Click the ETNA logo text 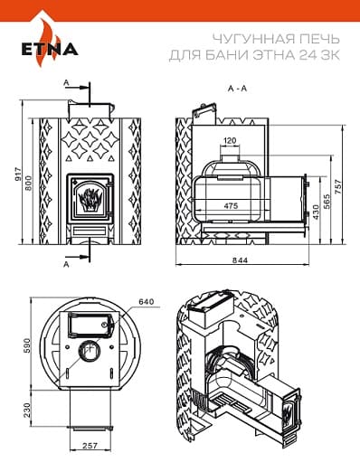50,49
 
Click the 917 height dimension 19,175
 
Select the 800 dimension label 28,183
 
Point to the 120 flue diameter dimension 231,140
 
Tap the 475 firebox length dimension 231,206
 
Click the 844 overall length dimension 240,260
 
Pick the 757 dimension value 338,186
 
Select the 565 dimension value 327,201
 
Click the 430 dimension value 316,212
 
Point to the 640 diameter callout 147,301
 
